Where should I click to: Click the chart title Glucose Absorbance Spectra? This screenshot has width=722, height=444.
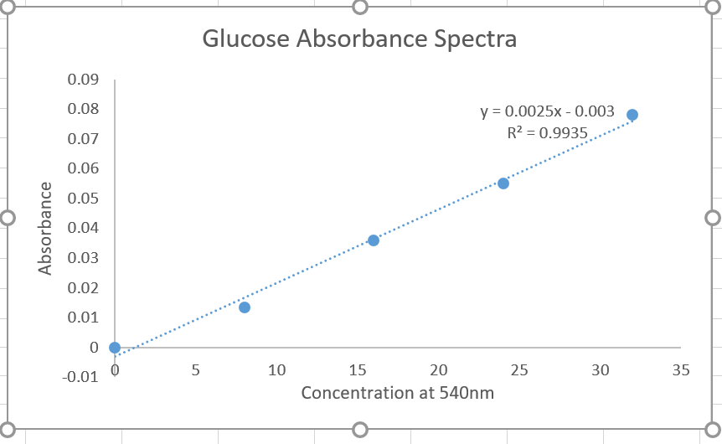tap(359, 39)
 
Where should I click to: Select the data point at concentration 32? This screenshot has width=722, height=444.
tap(632, 115)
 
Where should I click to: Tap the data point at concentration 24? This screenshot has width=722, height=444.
tap(503, 183)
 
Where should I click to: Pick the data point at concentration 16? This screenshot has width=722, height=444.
tap(374, 240)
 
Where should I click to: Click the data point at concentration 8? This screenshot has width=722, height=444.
tap(245, 307)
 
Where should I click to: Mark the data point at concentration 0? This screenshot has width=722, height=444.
tap(115, 348)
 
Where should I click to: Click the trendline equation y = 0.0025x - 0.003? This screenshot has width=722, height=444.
tap(547, 111)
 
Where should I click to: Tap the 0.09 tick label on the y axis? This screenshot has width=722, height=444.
tap(83, 80)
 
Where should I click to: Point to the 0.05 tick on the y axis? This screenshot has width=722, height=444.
tap(83, 199)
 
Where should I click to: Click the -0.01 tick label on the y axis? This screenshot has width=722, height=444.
tap(80, 377)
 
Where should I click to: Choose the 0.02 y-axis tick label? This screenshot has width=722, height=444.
tap(83, 288)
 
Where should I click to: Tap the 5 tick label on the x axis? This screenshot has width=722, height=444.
tap(195, 369)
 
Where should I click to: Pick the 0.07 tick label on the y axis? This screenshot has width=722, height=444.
tap(83, 139)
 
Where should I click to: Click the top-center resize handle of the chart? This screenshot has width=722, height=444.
tap(360, 7)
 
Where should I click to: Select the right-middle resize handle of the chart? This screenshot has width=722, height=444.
tap(713, 218)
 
